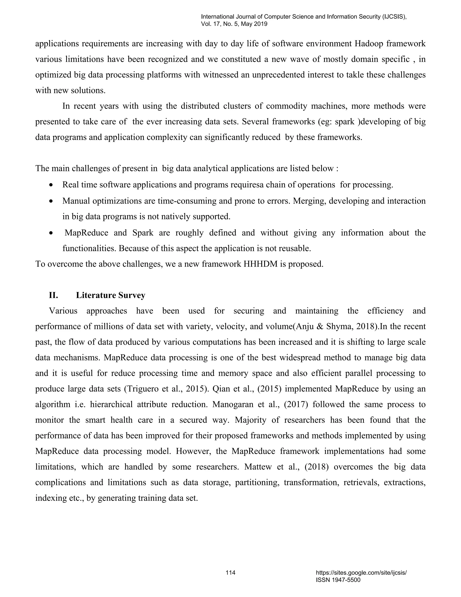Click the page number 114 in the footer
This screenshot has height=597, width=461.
point(230,573)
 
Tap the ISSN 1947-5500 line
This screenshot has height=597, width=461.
point(338,580)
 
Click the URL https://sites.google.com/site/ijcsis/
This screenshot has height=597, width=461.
point(361,573)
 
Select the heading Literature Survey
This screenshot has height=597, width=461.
point(110,295)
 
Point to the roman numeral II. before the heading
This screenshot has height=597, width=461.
point(54,295)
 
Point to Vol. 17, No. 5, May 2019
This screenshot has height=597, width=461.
point(234,24)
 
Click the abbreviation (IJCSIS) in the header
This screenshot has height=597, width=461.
point(394,17)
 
